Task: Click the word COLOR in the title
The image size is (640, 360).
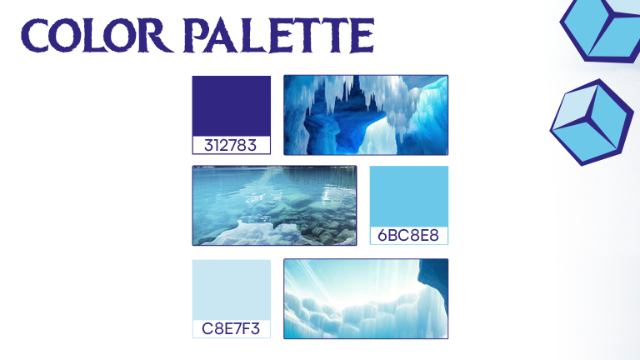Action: point(96,35)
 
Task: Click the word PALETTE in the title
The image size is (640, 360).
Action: point(278,35)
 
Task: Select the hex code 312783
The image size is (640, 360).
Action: point(230,145)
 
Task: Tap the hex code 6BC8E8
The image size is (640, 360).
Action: point(408,236)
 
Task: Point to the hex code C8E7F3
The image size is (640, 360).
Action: point(231,328)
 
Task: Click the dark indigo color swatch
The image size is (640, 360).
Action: point(232,106)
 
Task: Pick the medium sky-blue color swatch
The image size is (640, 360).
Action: point(409,197)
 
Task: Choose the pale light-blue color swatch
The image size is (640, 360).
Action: point(232,290)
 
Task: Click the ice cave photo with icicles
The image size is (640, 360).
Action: point(366,115)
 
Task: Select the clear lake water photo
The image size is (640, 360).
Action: point(274,205)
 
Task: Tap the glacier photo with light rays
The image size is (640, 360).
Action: point(366,299)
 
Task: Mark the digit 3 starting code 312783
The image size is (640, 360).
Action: point(208,146)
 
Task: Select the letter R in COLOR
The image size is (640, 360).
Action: point(157,36)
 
